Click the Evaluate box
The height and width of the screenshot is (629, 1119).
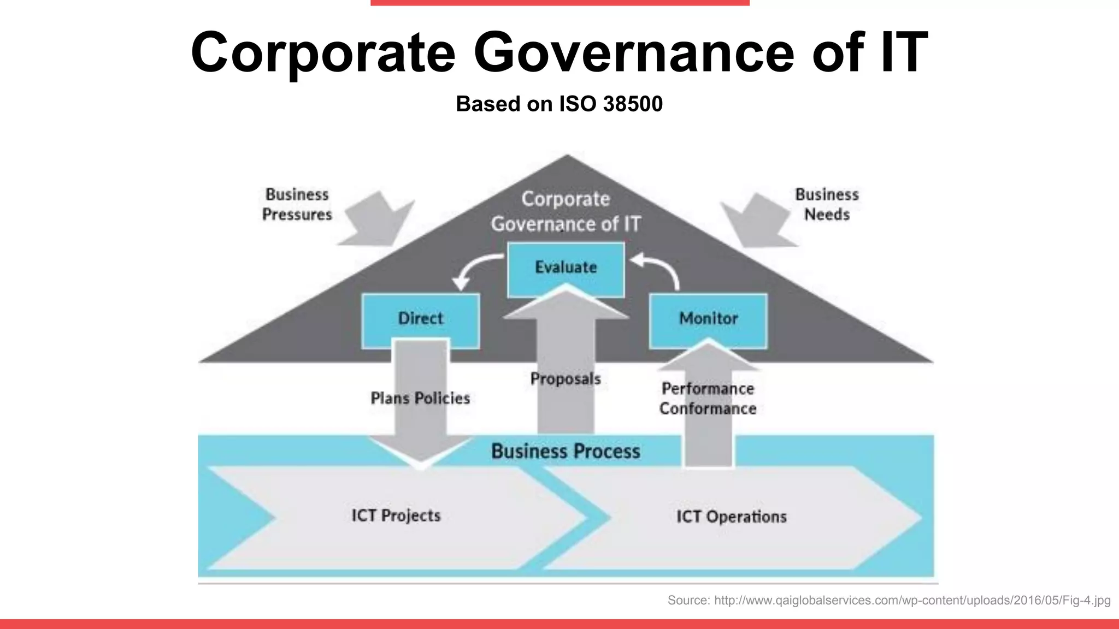[566, 268]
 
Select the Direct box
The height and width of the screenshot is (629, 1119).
[420, 318]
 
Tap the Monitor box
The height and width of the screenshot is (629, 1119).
[708, 318]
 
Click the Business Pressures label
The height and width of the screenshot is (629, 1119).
[297, 204]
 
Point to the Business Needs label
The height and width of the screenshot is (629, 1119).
[827, 204]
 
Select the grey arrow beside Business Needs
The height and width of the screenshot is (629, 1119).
[757, 221]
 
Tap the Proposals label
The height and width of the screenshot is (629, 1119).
[566, 379]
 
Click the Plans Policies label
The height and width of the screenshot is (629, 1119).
[420, 399]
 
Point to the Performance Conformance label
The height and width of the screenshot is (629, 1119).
[708, 399]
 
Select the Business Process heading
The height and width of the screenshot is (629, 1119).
[566, 452]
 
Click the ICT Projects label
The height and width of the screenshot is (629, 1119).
[396, 515]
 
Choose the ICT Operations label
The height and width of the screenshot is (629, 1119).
[731, 517]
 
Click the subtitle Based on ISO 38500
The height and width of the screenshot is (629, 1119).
[559, 104]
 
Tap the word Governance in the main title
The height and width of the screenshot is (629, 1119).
[633, 52]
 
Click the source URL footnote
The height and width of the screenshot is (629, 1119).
[888, 601]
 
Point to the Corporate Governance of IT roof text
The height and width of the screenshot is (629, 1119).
[566, 212]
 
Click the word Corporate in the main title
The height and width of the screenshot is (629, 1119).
[323, 52]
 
